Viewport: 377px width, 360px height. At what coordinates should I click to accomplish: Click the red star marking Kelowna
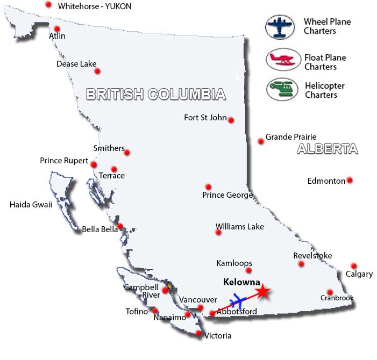tap(262, 292)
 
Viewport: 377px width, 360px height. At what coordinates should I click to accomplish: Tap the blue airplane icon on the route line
tap(237, 300)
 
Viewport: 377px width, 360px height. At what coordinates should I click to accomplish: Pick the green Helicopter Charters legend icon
tap(282, 88)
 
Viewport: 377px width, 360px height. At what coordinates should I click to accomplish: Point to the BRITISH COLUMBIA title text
tap(156, 95)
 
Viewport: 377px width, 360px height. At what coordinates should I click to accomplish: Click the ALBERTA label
tap(327, 149)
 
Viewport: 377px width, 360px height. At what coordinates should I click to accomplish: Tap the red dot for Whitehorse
tap(48, 4)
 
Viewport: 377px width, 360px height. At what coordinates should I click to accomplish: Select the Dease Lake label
tap(76, 64)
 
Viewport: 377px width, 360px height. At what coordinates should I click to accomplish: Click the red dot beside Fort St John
tap(231, 120)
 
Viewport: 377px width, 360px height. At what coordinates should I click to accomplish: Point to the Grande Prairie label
tap(291, 137)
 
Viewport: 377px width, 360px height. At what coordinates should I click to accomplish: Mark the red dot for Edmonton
tap(350, 180)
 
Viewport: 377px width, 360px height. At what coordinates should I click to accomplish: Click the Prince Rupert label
tap(64, 160)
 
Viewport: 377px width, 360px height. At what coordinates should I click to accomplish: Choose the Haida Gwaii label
tap(31, 204)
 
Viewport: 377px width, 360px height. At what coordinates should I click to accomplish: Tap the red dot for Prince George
tap(208, 186)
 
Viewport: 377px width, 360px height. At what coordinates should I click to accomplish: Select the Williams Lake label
tap(239, 227)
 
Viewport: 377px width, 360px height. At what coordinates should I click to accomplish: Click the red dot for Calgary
tap(354, 266)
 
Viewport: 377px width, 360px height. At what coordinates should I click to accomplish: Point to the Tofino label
tap(137, 312)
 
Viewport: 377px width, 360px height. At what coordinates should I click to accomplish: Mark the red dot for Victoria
tap(199, 334)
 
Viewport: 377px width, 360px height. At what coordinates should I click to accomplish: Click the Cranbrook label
tap(337, 298)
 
